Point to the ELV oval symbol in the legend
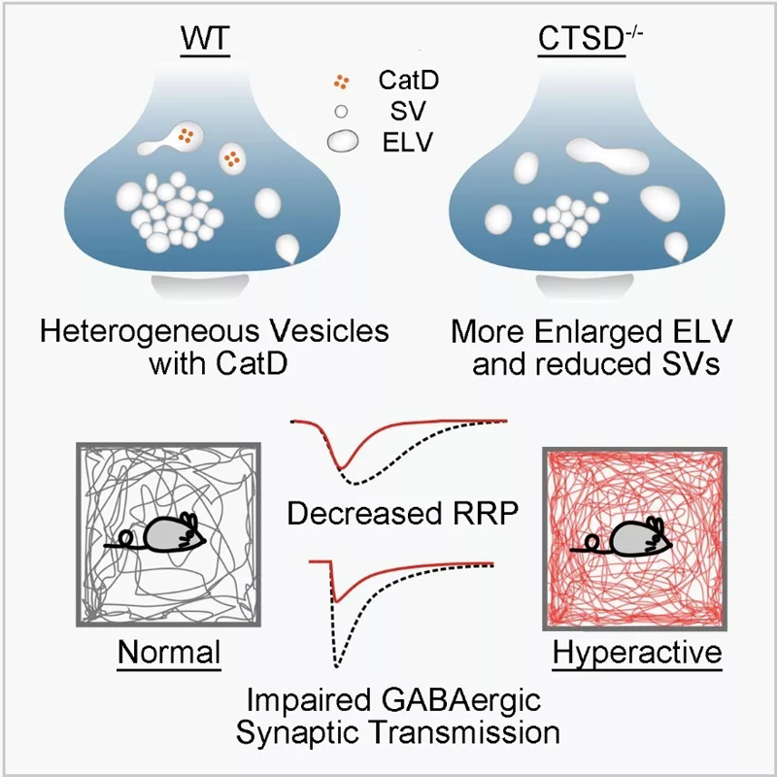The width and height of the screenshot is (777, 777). pos(342,143)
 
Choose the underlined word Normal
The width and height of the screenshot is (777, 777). pos(168,653)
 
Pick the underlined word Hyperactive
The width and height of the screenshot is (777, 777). pos(637,653)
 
